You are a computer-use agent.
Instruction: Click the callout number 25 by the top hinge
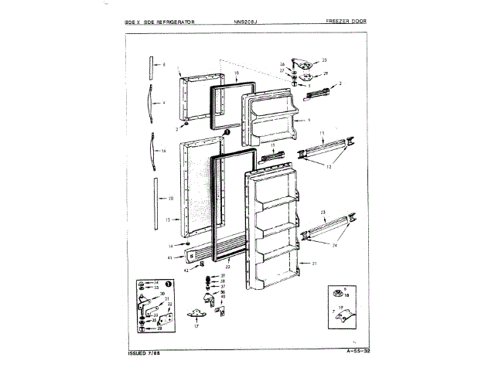click(x=325, y=60)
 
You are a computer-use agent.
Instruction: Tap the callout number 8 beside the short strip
click(x=164, y=65)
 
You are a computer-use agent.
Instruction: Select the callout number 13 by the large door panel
click(x=168, y=220)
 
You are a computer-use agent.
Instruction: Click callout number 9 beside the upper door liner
click(x=308, y=121)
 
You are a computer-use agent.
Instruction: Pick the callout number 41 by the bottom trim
click(x=169, y=257)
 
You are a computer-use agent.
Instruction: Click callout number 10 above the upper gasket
click(x=236, y=74)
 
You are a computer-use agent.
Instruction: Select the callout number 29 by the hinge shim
click(x=326, y=73)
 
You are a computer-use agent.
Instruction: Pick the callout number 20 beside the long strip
click(x=169, y=198)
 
